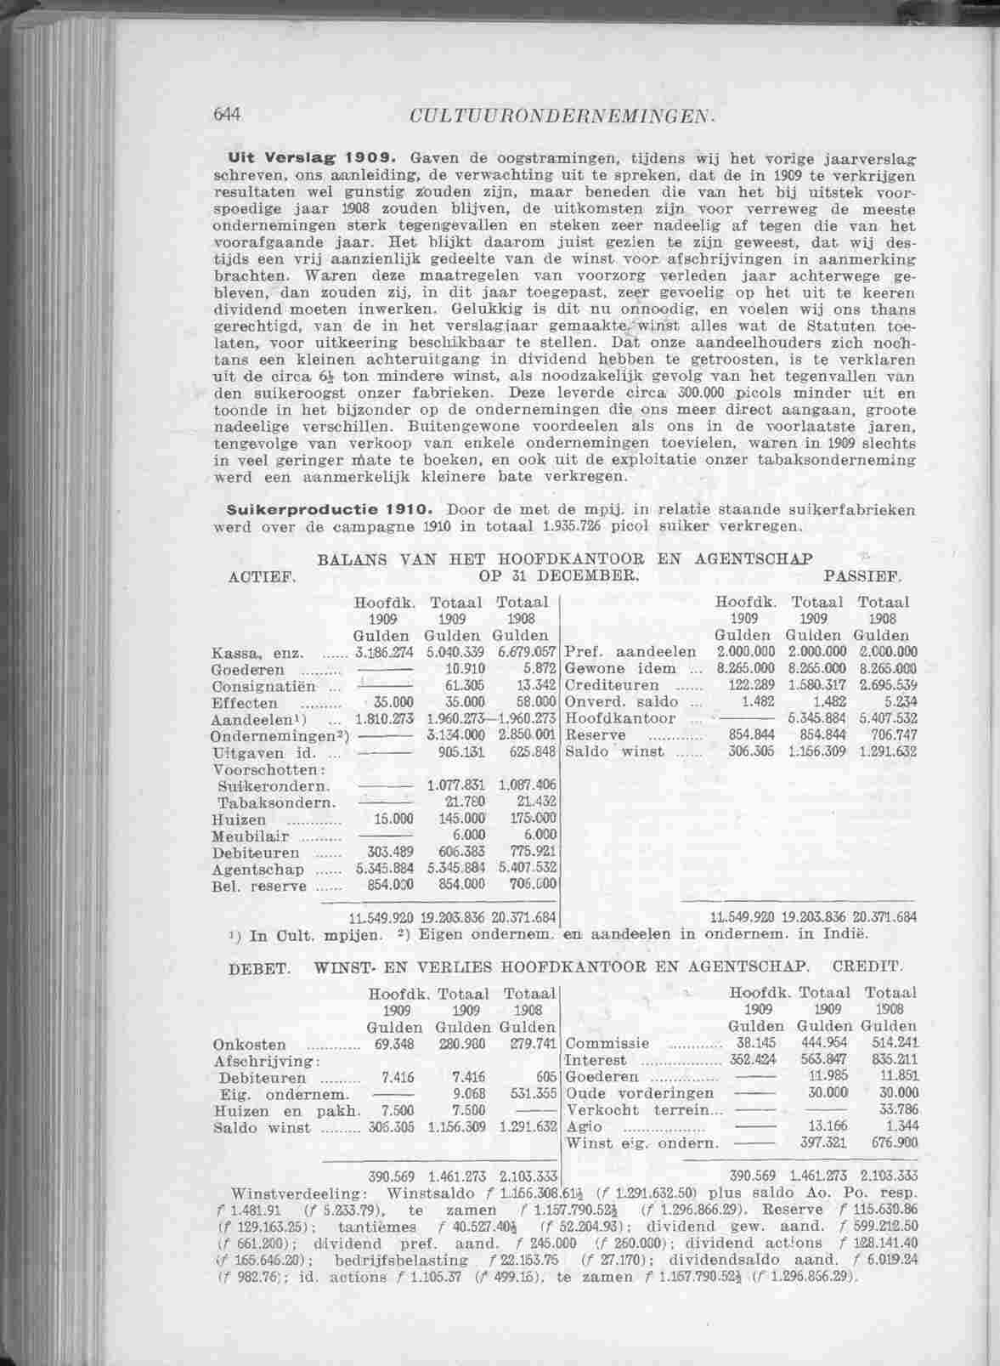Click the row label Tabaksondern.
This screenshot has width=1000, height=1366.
(277, 803)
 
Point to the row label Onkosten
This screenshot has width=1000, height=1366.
(250, 1046)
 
